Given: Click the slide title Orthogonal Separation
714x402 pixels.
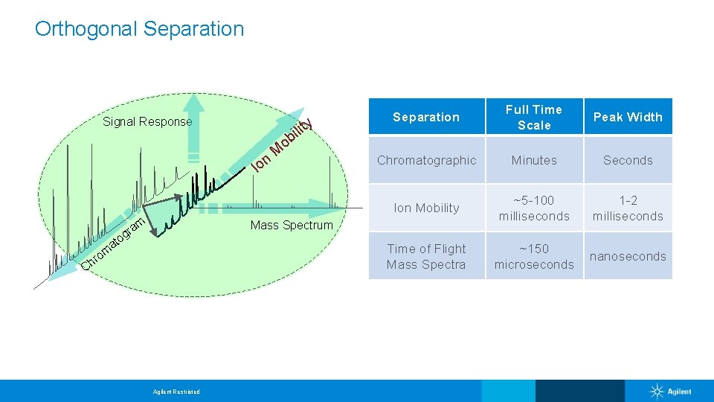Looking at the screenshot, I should click(139, 29).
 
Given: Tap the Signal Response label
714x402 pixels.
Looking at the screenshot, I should click(147, 121).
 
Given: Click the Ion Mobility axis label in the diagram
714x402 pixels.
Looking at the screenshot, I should click(280, 144).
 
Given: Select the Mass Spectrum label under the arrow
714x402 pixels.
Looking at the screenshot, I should click(292, 225).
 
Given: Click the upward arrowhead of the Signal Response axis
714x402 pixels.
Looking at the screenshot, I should click(194, 103).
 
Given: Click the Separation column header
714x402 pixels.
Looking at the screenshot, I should click(426, 117).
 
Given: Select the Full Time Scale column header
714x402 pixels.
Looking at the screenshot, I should click(534, 117).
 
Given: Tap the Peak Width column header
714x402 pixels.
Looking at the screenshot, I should click(628, 117).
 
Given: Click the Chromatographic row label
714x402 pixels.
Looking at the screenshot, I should click(426, 160).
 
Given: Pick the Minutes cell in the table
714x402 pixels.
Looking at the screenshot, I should click(534, 160).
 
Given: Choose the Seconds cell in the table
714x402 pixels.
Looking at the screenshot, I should click(628, 160).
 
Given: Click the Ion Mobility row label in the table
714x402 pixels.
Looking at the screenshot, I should click(426, 208).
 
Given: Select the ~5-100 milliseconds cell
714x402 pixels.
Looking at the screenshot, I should click(534, 208).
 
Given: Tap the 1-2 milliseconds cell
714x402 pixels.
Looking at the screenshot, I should click(628, 208).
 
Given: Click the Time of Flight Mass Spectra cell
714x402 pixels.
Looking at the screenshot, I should click(426, 256).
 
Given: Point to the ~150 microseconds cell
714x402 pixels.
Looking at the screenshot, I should click(534, 256).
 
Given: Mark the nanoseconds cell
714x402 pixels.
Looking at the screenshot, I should click(628, 256).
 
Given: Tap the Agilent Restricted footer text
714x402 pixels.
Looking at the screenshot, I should click(176, 392).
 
